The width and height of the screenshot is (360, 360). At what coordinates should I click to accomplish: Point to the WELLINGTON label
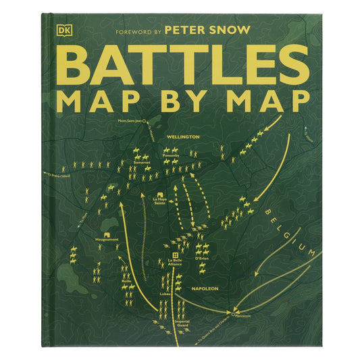184,136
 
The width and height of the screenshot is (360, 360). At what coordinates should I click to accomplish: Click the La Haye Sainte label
160,201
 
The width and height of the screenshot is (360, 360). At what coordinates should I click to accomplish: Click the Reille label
126,280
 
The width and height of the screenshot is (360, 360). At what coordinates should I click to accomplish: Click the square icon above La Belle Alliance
175,253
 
